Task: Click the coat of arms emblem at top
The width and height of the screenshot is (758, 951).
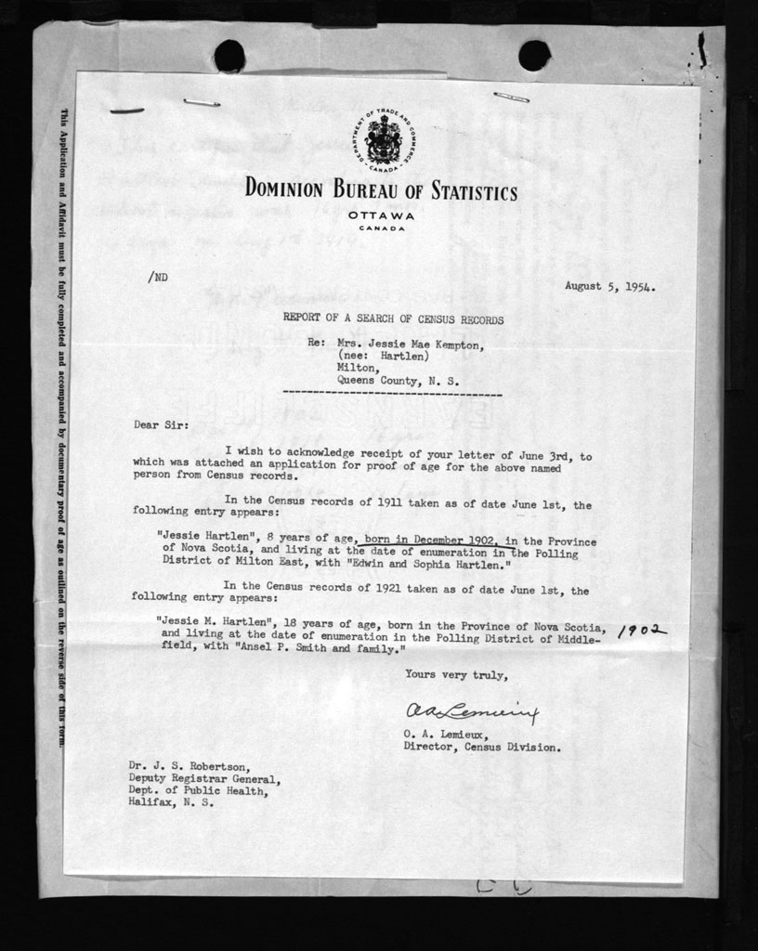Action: coord(383,141)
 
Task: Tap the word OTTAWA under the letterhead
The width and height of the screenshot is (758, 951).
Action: coord(382,215)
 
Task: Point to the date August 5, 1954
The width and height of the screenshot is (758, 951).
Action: coord(610,287)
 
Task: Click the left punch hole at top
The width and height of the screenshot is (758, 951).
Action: coord(229,57)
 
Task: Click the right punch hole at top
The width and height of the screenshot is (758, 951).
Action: coord(534,56)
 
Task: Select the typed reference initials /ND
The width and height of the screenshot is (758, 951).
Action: coord(157,277)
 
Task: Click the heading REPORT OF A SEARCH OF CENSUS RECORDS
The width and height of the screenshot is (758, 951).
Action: coord(394,319)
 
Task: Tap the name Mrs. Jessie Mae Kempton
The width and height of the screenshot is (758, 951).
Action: coord(411,343)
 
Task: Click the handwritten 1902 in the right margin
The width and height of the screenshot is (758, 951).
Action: coord(642,632)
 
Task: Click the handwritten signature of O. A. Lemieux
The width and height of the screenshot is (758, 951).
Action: coord(470,712)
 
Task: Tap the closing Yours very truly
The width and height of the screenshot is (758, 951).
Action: coord(456,675)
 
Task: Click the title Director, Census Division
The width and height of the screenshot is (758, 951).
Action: coord(482,747)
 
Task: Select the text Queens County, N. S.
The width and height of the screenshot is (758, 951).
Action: coord(398,380)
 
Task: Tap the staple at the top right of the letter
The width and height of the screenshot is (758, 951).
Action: coord(511,97)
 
